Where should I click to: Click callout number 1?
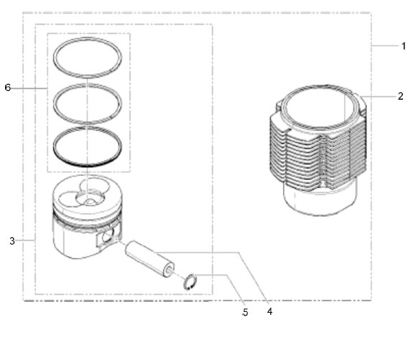click(x=404, y=46)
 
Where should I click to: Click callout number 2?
click(x=400, y=96)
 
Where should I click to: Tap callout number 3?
click(x=12, y=241)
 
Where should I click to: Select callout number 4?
click(x=270, y=311)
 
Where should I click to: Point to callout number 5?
click(x=245, y=312)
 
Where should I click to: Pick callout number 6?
click(x=8, y=87)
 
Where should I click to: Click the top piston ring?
click(x=87, y=38)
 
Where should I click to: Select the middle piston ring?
click(x=87, y=85)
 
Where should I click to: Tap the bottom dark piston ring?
click(x=87, y=166)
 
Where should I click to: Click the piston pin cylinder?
click(x=150, y=259)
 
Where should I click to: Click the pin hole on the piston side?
click(x=107, y=236)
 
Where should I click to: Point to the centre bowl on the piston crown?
click(x=90, y=199)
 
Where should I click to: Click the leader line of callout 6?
click(x=29, y=88)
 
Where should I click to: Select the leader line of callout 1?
click(x=385, y=46)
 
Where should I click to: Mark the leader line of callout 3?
click(x=25, y=240)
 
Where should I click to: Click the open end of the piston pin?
click(x=168, y=270)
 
